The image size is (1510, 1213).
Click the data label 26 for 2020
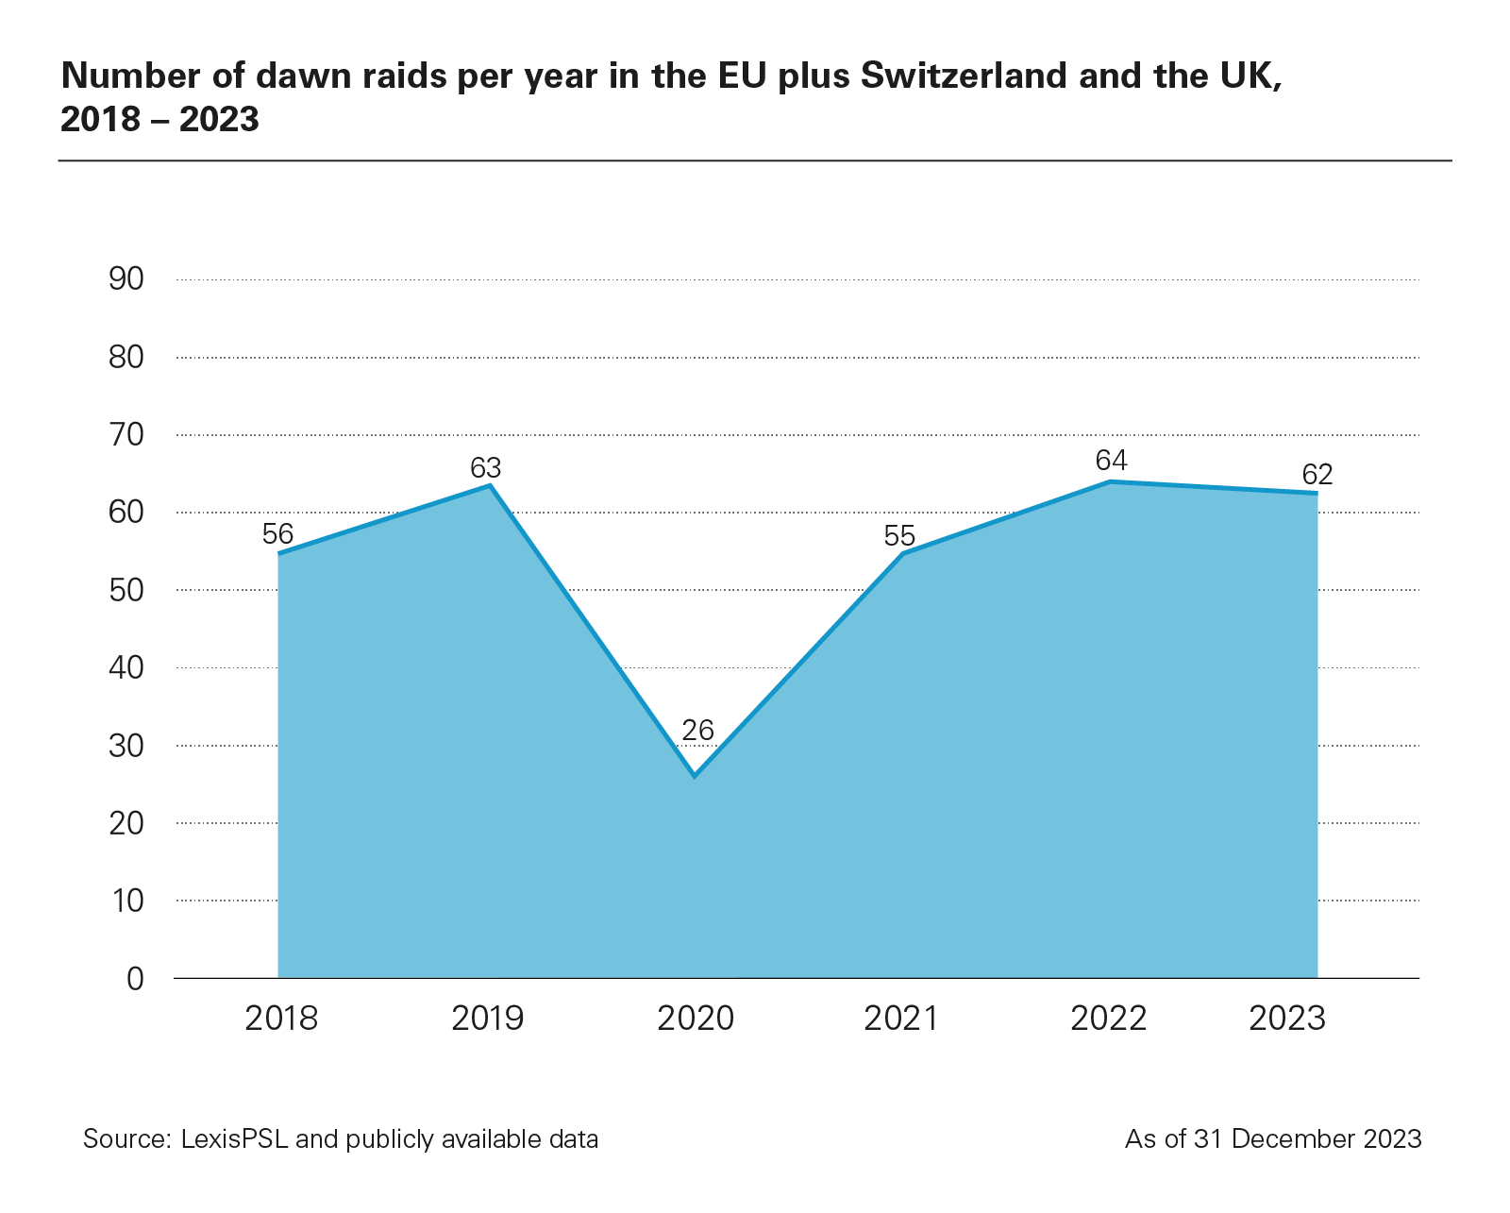pyautogui.click(x=697, y=730)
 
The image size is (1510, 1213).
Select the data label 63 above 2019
pyautogui.click(x=485, y=467)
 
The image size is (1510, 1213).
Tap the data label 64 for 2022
pyautogui.click(x=1111, y=460)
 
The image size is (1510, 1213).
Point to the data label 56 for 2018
pyautogui.click(x=277, y=534)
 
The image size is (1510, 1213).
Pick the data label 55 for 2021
pyautogui.click(x=899, y=536)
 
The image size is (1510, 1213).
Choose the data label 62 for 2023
pyautogui.click(x=1317, y=473)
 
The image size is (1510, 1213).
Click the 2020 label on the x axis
pyautogui.click(x=695, y=1019)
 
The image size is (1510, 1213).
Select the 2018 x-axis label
pyautogui.click(x=281, y=1019)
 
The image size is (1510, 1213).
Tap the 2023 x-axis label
pyautogui.click(x=1287, y=1019)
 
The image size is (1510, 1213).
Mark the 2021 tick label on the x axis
pyautogui.click(x=900, y=1019)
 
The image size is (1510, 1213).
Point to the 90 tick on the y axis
pyautogui.click(x=126, y=279)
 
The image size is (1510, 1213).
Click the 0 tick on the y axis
pyautogui.click(x=135, y=978)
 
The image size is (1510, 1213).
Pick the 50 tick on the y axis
pyautogui.click(x=126, y=590)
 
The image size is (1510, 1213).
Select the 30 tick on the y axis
pyautogui.click(x=126, y=746)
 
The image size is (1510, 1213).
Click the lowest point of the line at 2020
pyautogui.click(x=695, y=776)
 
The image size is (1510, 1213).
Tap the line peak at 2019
pyautogui.click(x=490, y=485)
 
